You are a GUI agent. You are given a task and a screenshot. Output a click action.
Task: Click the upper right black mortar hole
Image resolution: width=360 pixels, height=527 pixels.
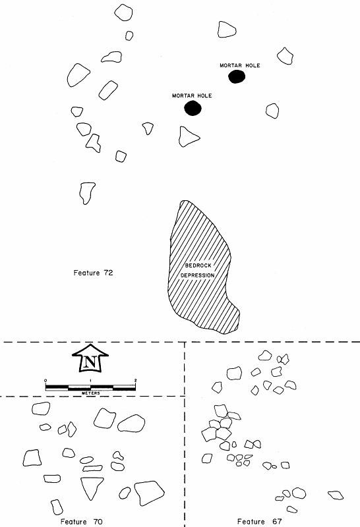point(237,76)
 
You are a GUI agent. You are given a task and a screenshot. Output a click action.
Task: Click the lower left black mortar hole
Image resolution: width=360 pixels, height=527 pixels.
point(193,108)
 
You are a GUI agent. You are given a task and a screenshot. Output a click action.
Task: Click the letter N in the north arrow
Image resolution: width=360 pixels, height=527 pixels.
point(90,362)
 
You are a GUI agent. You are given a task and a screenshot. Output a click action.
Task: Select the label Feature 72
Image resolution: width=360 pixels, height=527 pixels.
point(93,273)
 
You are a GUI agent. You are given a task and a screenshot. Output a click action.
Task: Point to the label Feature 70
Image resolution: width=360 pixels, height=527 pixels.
point(81,522)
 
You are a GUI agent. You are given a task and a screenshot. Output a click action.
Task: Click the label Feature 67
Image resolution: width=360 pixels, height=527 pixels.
point(259,522)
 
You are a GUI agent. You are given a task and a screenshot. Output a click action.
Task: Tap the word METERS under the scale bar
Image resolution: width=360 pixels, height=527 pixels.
point(91,393)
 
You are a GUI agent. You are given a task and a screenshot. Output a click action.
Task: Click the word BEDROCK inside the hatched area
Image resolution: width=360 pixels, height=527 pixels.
point(198,265)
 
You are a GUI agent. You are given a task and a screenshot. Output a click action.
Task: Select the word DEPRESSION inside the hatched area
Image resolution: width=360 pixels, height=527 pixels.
point(198,275)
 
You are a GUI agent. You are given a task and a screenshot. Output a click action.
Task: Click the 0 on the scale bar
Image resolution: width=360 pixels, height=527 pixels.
point(45,381)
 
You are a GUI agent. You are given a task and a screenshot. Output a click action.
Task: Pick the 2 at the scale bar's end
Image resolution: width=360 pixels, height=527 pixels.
point(135,381)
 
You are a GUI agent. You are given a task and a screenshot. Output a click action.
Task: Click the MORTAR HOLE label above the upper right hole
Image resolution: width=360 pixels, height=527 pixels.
point(240,65)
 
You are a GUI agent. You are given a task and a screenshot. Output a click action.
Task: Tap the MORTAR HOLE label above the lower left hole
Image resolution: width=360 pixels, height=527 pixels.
point(192,96)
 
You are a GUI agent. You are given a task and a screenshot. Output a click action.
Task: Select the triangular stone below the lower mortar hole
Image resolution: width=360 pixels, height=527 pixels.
point(187,136)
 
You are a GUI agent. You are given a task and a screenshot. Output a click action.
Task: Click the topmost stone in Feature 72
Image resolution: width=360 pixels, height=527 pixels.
point(123,13)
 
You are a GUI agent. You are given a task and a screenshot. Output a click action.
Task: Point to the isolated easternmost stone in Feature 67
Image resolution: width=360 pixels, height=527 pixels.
point(336,495)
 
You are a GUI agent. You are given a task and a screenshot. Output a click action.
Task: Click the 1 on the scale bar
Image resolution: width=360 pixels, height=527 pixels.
point(90,381)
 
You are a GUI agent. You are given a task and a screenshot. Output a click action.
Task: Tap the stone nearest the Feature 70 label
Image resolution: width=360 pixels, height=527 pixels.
point(57,507)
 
